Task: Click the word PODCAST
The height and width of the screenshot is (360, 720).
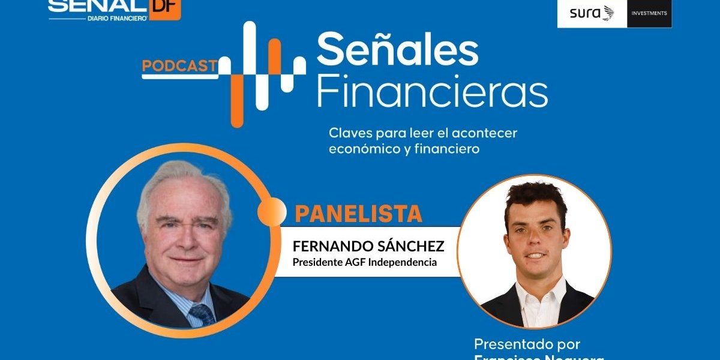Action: coord(179,66)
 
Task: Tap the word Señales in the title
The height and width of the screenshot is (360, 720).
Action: coord(397,50)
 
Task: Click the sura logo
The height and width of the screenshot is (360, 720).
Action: coord(592,13)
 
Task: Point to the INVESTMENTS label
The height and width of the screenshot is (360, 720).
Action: coord(649,13)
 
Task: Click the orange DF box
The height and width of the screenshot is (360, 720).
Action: coord(164,9)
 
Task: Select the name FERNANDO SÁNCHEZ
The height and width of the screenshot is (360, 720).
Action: coord(368,247)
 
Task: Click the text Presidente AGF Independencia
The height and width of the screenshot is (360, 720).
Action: coord(364,263)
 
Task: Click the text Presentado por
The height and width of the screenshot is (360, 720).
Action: coord(527,344)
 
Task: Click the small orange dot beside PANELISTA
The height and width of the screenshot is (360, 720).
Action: coord(272,211)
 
